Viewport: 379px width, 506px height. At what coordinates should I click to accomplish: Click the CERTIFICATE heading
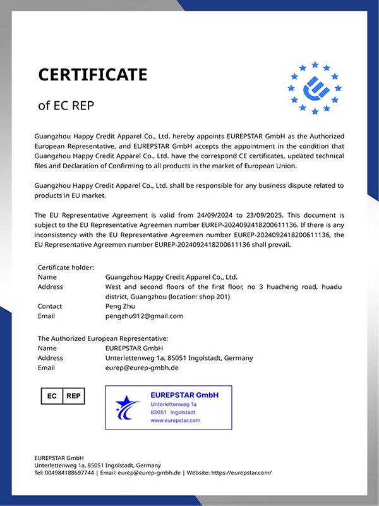point(92,75)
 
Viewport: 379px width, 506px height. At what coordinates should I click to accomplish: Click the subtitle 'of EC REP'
point(66,106)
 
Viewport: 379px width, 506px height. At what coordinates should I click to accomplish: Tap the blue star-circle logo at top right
point(314,88)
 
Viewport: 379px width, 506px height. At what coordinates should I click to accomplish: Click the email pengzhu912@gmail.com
point(144,316)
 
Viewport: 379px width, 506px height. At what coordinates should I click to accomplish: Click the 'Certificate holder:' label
point(66,268)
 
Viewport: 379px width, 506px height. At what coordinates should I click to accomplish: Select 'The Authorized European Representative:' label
point(103,338)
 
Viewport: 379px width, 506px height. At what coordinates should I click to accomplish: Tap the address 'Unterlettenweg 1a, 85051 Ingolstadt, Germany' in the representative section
point(179,358)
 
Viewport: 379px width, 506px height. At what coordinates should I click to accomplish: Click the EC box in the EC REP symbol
point(52,396)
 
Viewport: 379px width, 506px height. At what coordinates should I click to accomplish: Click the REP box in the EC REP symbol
point(73,396)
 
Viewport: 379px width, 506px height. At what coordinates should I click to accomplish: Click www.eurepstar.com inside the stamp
point(175,420)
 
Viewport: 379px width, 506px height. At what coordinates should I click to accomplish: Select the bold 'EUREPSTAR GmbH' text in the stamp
point(184,395)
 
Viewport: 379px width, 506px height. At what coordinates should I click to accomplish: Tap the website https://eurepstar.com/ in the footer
point(240,472)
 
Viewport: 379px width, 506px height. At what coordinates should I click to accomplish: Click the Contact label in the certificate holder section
point(50,306)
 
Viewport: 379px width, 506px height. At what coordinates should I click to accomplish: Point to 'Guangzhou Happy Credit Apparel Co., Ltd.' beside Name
point(171,277)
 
